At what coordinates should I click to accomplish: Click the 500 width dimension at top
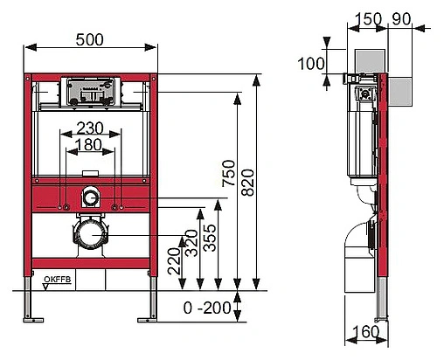[x=92, y=40]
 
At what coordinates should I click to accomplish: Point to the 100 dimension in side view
[x=310, y=63]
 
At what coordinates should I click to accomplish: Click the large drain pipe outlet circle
[x=91, y=235]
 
